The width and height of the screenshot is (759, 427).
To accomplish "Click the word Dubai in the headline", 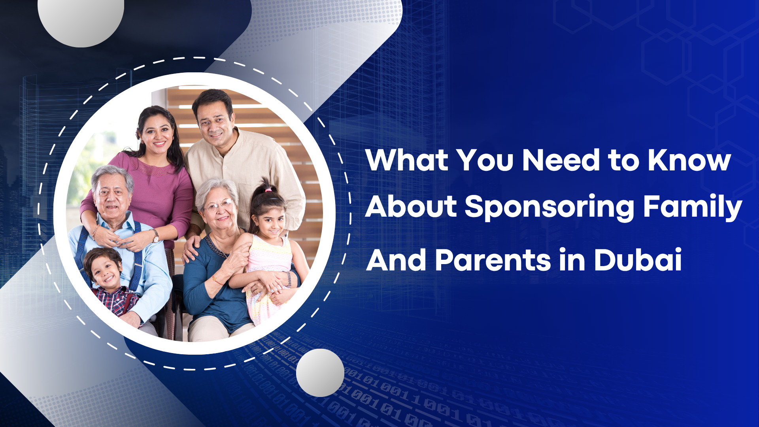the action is (638, 260).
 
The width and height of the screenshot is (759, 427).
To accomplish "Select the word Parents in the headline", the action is (493, 260).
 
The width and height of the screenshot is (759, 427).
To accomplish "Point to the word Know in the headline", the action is (689, 160).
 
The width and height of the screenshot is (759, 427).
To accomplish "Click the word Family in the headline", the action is (693, 207).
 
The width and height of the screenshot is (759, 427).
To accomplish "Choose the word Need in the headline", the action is (561, 160).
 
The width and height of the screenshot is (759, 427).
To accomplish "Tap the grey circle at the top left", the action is (81, 20).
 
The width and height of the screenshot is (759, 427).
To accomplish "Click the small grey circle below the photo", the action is (320, 373).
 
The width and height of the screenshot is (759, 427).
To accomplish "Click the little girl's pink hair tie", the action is (268, 190).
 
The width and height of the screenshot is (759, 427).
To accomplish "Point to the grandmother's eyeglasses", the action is (219, 206).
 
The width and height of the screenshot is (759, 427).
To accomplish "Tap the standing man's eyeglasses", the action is (214, 121).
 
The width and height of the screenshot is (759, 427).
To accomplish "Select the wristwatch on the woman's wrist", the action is (156, 236).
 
